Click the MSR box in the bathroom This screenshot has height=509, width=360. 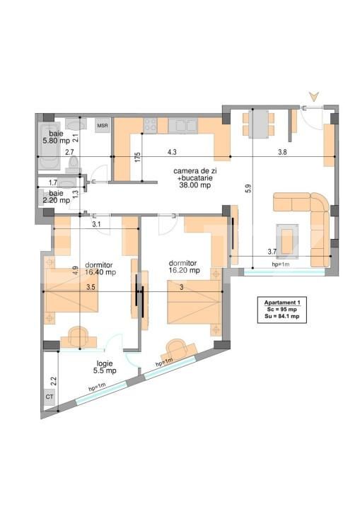pos(103,126)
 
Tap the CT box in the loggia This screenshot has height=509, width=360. pos(50,397)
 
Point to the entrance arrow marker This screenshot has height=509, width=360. pos(314,96)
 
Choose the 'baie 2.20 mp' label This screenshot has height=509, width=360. pos(54,196)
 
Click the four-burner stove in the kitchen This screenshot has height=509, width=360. pos(151,125)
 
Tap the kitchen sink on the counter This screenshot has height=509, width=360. pos(186,125)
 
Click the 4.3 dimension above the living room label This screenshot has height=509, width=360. pos(172,151)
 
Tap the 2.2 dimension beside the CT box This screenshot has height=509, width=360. pos(53,381)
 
